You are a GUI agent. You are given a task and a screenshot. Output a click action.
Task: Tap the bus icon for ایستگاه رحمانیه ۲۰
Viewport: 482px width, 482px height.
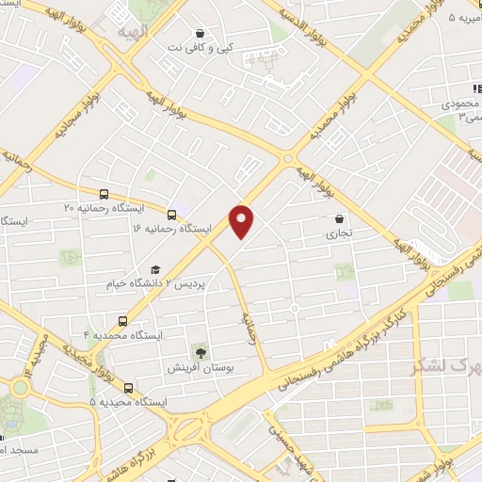(88, 193)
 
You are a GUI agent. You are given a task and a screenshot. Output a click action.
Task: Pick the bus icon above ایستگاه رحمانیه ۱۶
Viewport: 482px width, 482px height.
(171, 214)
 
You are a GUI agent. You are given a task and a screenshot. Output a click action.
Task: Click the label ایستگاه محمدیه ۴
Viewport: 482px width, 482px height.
(123, 335)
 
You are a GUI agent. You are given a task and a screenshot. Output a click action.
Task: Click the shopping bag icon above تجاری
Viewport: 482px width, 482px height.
(339, 218)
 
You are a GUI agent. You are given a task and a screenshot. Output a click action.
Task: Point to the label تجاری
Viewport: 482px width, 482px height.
(339, 233)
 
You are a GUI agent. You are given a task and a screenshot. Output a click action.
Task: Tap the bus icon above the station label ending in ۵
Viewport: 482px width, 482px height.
(128, 388)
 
